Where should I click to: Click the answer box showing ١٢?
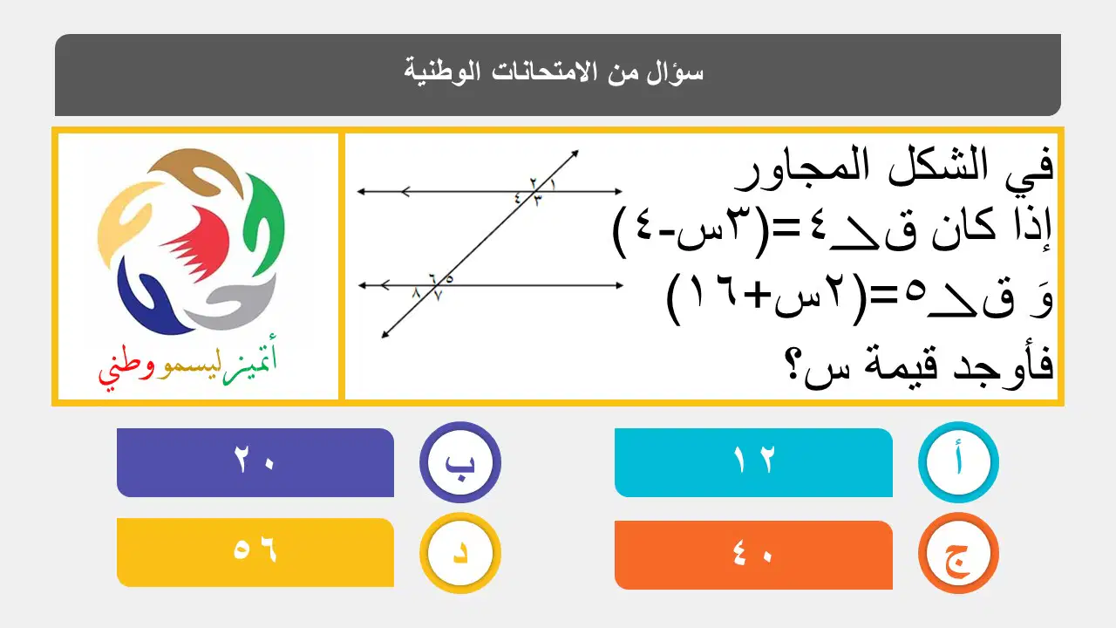753,462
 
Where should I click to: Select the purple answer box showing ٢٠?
255,462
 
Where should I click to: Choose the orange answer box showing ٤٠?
753,555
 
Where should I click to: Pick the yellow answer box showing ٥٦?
255,552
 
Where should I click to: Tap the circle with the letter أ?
958,462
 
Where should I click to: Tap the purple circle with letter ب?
459,462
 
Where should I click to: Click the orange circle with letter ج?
958,553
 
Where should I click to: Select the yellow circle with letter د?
459,553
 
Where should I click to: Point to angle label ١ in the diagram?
553,185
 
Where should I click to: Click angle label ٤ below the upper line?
518,198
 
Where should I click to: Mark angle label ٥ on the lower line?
449,278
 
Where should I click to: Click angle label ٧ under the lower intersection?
438,296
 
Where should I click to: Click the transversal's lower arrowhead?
384,335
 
